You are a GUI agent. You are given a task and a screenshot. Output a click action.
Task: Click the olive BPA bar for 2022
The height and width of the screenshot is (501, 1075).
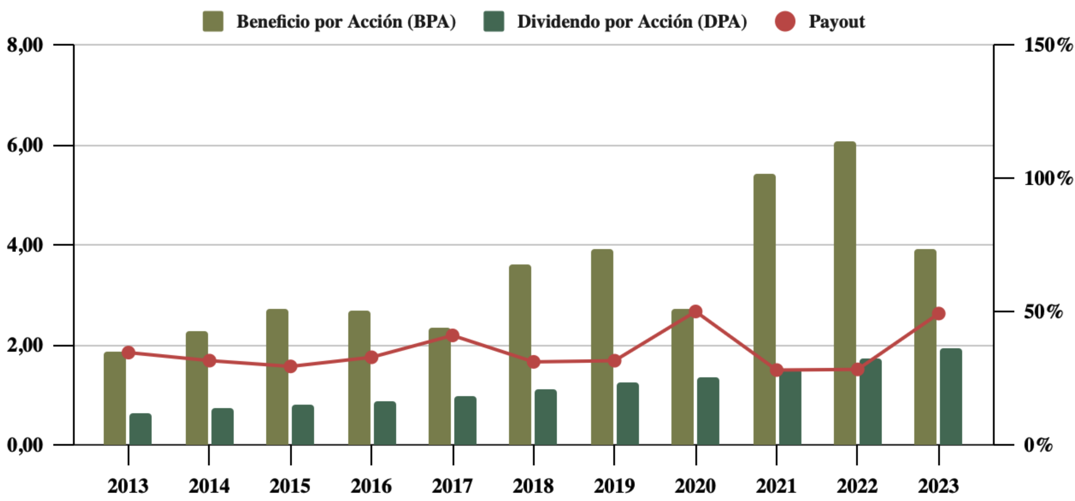tap(845, 293)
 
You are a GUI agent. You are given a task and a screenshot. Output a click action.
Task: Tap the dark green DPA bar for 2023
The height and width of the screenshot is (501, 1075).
tap(951, 397)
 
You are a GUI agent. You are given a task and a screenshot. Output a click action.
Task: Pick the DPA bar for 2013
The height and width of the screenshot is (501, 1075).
tap(140, 429)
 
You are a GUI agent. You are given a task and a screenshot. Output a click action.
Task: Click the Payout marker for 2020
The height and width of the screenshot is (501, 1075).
tap(695, 312)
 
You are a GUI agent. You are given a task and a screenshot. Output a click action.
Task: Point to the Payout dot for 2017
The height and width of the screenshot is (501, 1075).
tap(453, 335)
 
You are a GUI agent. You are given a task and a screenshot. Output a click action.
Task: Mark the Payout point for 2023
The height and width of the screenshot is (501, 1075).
tap(939, 313)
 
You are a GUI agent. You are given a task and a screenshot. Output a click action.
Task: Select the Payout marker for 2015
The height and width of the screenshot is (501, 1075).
tap(291, 366)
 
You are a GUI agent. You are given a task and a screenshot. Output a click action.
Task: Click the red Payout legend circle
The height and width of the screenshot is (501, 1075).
tap(785, 22)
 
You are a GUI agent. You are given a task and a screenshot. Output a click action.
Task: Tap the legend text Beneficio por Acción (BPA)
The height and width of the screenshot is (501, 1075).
tap(346, 22)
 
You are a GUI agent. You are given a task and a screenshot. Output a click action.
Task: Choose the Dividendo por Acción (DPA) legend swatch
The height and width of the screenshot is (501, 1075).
tap(494, 22)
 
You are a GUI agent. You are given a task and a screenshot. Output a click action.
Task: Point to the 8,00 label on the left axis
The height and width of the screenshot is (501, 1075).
tap(25, 45)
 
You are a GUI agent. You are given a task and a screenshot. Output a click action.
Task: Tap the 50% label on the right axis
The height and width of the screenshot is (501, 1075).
tap(1043, 312)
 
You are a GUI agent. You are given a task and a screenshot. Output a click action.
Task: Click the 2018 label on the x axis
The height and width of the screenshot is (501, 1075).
tap(533, 486)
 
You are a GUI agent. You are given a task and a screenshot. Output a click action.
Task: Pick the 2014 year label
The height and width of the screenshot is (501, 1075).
tap(209, 486)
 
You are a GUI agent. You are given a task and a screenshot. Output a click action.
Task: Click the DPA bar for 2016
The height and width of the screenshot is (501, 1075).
tap(385, 423)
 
